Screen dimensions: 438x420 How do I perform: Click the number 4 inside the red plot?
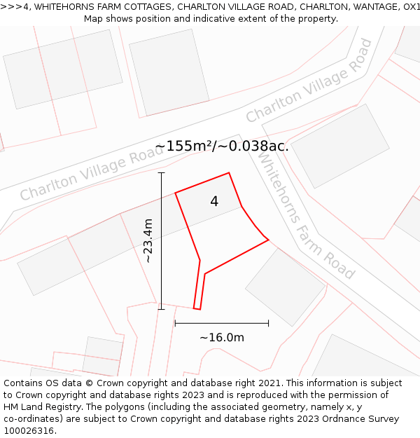(x=214, y=202)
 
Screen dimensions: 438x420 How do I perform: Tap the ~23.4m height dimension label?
(x=148, y=241)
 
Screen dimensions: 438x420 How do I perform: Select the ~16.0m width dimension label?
(x=222, y=338)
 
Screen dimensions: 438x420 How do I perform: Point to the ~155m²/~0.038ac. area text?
(x=222, y=146)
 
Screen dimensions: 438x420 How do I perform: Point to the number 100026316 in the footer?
(x=28, y=430)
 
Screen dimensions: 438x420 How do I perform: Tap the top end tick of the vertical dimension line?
(x=161, y=172)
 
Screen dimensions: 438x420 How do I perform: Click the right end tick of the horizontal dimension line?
(x=268, y=323)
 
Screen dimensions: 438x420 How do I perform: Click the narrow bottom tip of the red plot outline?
(x=197, y=308)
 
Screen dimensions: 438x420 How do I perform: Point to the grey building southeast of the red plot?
(x=285, y=287)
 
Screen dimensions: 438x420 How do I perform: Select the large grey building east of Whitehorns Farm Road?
(x=339, y=146)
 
